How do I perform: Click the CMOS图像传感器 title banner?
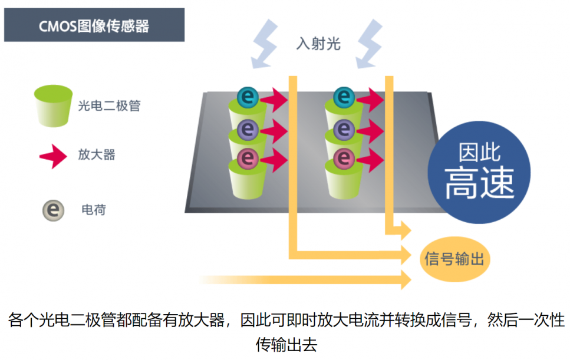tap(94, 25)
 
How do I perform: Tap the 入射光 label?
tap(318, 44)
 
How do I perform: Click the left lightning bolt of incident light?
tap(265, 44)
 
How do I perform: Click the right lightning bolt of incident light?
tap(370, 44)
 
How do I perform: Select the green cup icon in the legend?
tap(53, 105)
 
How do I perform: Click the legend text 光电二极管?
tap(109, 105)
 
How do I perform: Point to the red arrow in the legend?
tap(54, 156)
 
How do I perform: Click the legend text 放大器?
tap(96, 155)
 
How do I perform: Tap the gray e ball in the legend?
tap(54, 210)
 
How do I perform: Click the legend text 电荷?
tap(94, 210)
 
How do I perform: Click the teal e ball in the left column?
tap(248, 97)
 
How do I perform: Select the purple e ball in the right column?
tap(344, 129)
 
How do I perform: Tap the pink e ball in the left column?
tap(248, 158)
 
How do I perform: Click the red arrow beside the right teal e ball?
tap(371, 100)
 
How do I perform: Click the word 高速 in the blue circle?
tap(479, 183)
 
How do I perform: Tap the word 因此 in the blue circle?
tap(479, 152)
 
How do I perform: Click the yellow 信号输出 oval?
tap(455, 259)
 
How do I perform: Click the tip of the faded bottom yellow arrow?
tap(411, 280)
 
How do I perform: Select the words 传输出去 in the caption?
tap(286, 344)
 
